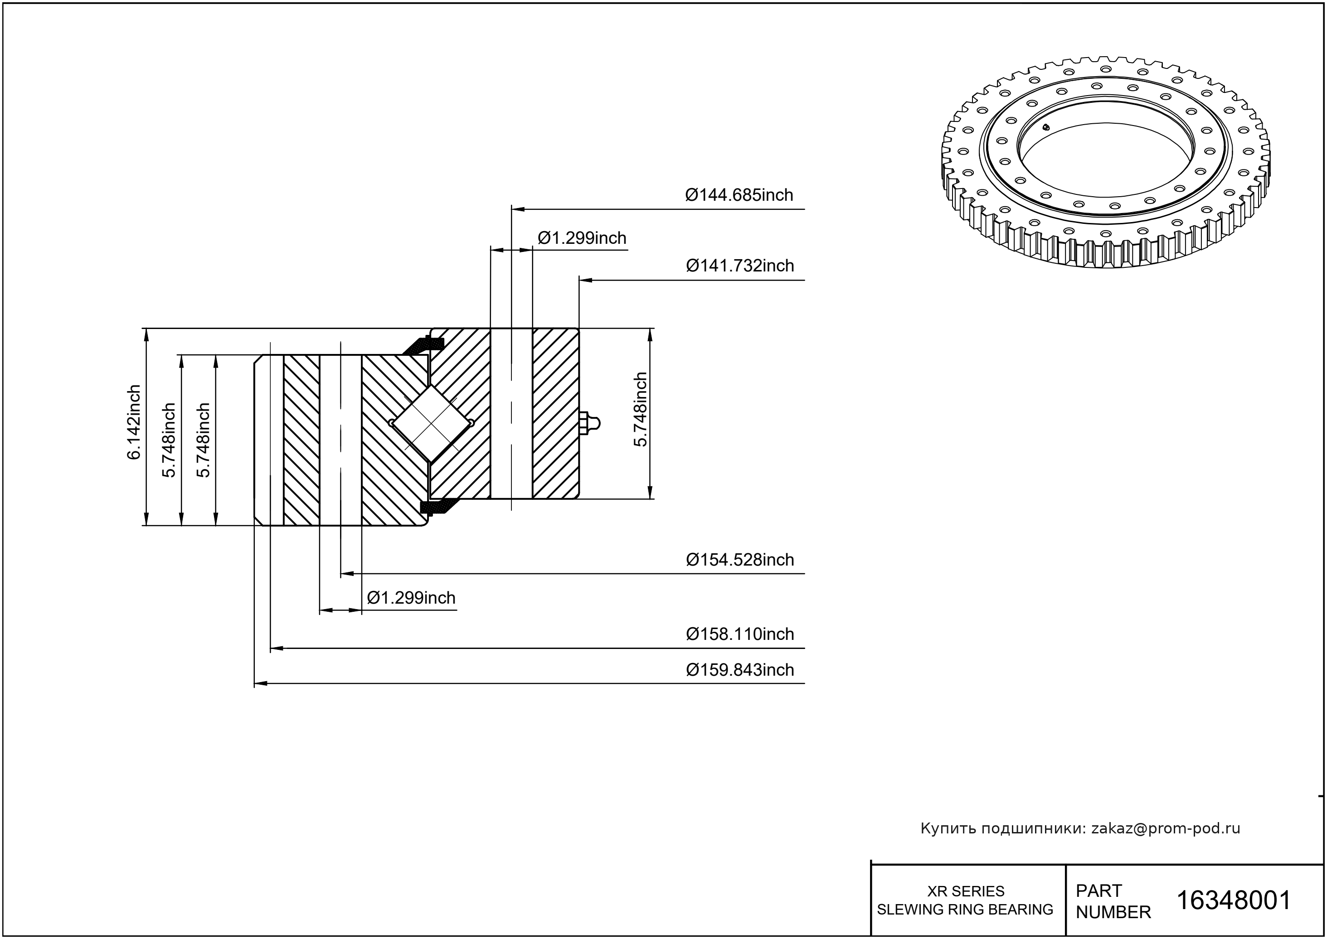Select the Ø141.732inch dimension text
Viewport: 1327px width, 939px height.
(x=739, y=266)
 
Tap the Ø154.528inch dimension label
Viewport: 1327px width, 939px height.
(x=739, y=560)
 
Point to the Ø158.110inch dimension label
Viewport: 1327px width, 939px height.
(x=739, y=634)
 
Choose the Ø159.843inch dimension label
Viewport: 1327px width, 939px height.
(x=739, y=670)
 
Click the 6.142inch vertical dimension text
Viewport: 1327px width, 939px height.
(x=134, y=422)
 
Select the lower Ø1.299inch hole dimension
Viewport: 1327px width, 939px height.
(x=411, y=598)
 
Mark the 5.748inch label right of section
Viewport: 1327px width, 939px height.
(x=640, y=409)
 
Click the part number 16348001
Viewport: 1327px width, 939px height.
(x=1233, y=900)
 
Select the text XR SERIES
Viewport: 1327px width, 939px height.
(x=966, y=891)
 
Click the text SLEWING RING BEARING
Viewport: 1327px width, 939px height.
(x=965, y=910)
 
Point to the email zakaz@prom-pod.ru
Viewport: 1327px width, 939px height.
(x=1165, y=828)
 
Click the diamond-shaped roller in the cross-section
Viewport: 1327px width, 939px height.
(x=432, y=424)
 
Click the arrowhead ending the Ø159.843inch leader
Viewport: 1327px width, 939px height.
(x=260, y=683)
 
